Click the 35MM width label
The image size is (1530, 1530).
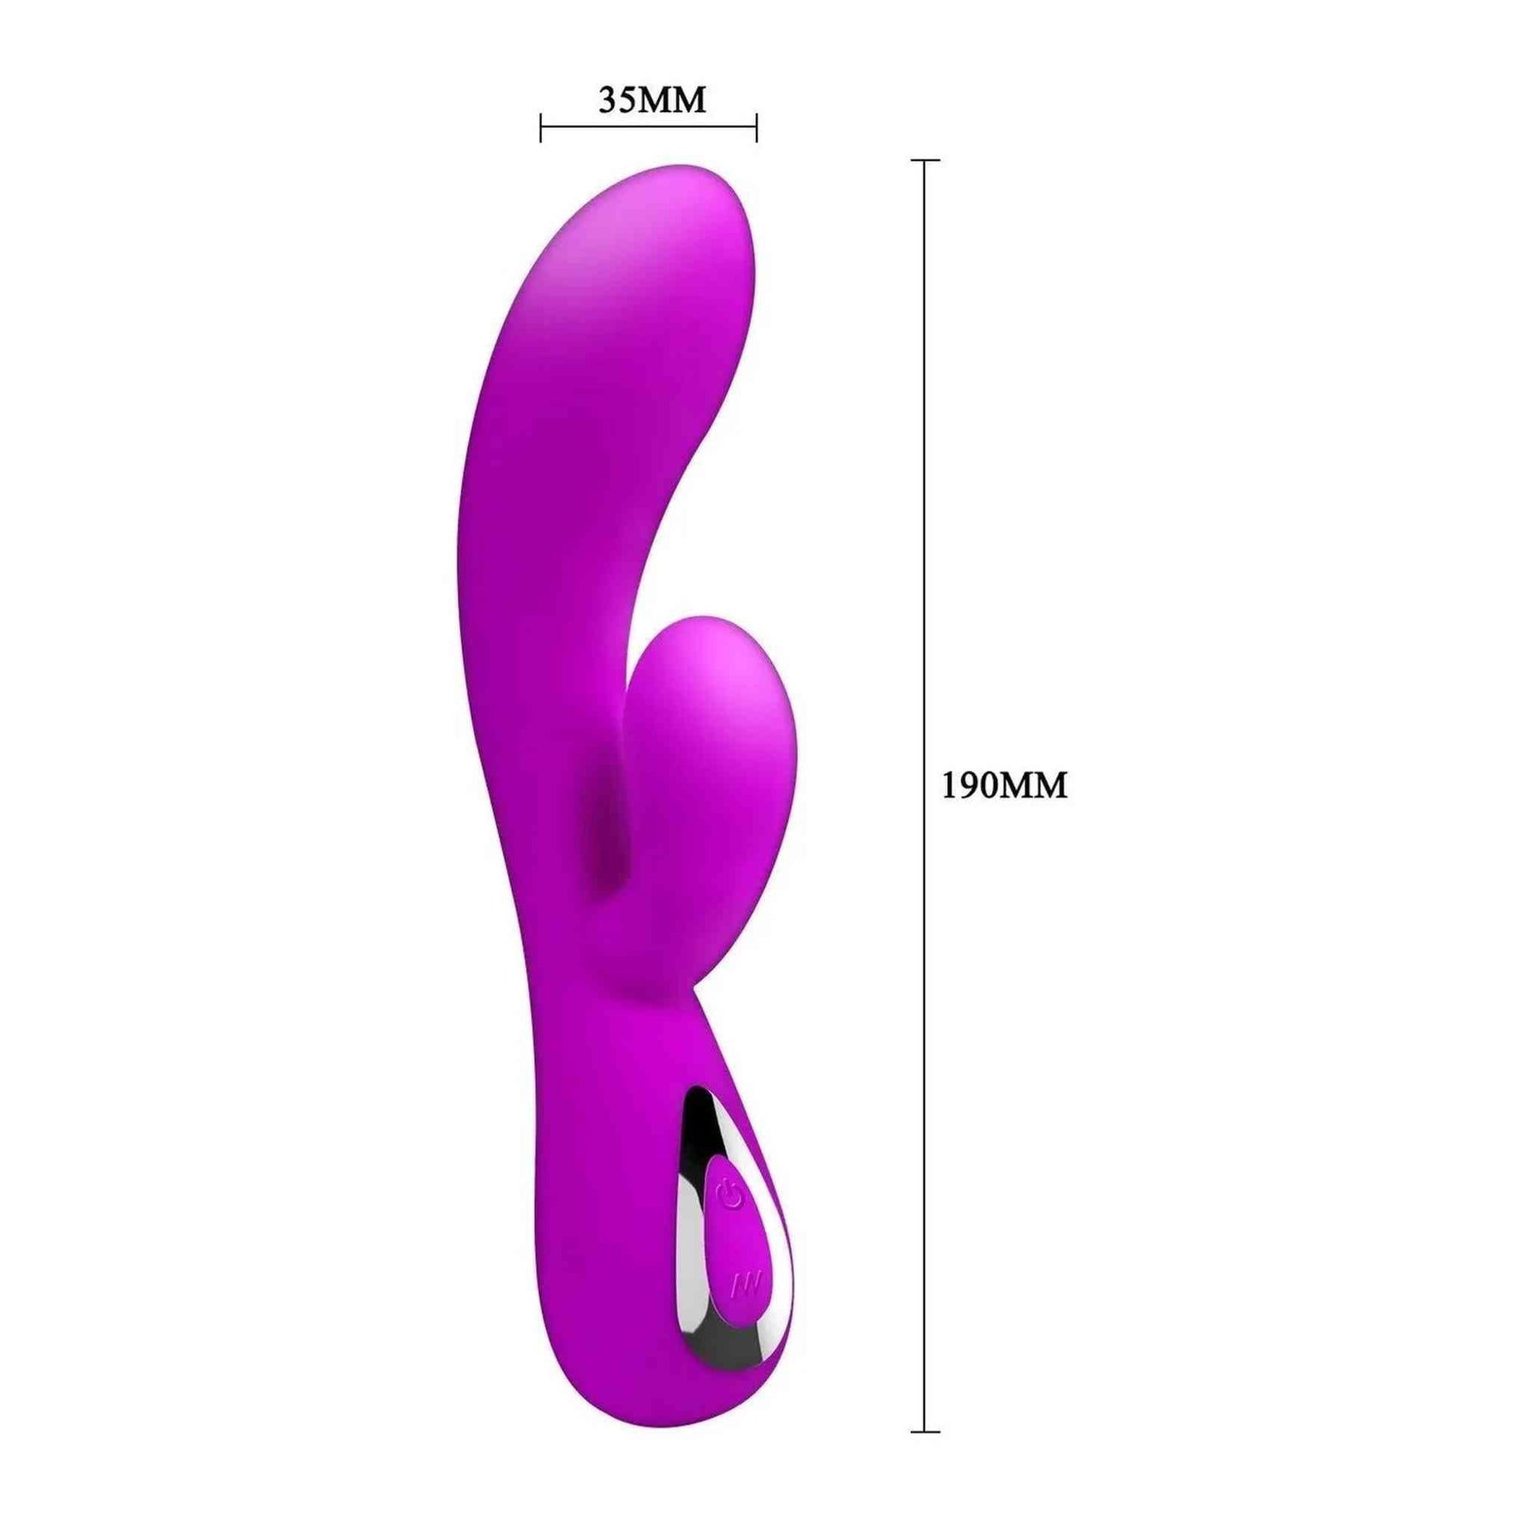[652, 100]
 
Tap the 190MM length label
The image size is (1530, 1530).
[1004, 785]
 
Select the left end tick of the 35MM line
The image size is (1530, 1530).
[541, 129]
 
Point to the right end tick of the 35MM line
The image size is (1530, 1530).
[756, 129]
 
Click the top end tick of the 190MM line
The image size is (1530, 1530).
[925, 159]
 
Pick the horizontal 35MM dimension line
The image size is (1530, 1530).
[649, 129]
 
